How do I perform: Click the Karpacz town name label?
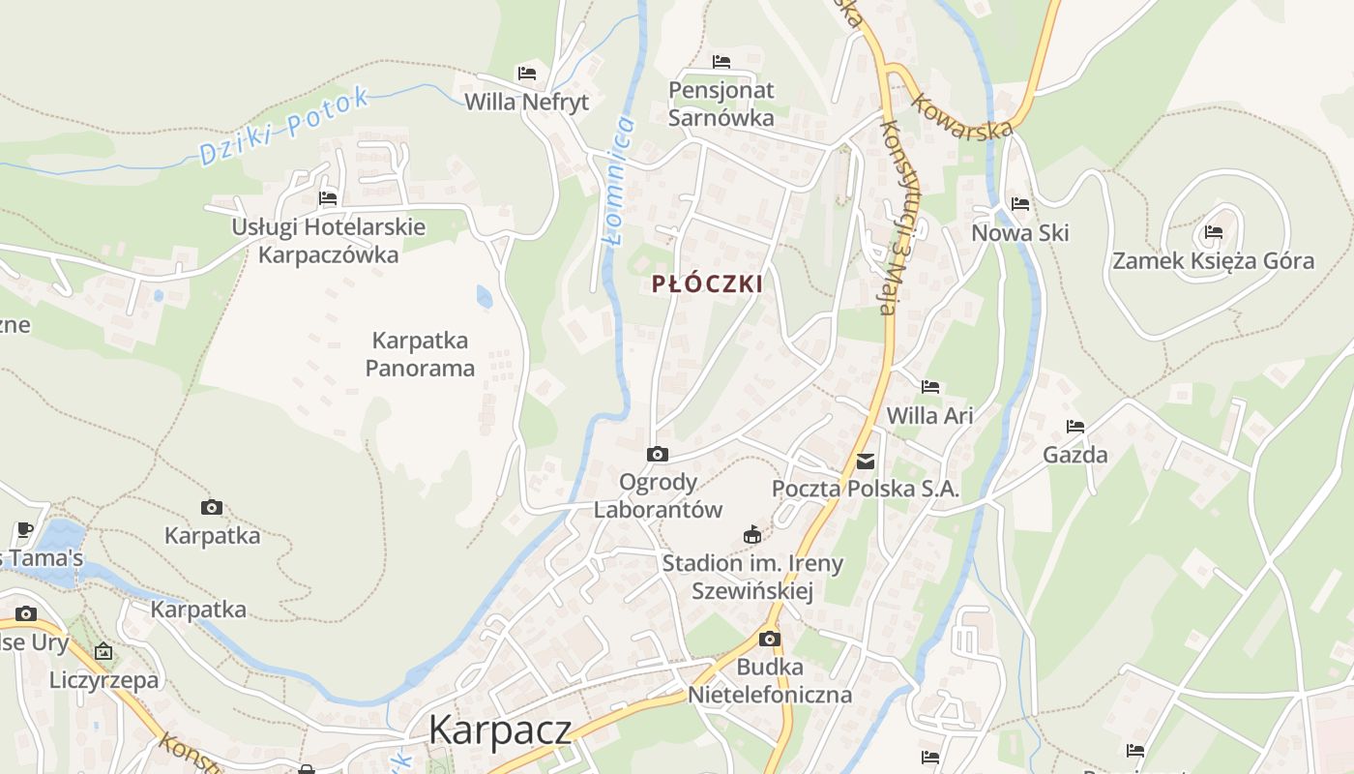499,729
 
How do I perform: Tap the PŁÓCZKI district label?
707,284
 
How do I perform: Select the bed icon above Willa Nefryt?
527,74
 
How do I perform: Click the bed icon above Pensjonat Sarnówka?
721,62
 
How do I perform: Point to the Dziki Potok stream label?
284,127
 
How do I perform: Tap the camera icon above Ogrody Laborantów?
658,454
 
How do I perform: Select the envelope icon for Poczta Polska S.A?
866,461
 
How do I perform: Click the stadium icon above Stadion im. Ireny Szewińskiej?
751,534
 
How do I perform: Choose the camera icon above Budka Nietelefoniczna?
770,639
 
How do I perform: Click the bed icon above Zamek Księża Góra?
1214,232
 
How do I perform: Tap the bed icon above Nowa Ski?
1019,204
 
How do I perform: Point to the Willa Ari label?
929,415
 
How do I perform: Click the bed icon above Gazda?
1075,427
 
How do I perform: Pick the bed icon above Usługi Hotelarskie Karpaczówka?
328,198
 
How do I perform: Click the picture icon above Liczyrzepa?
103,651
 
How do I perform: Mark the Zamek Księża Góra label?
1213,260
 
